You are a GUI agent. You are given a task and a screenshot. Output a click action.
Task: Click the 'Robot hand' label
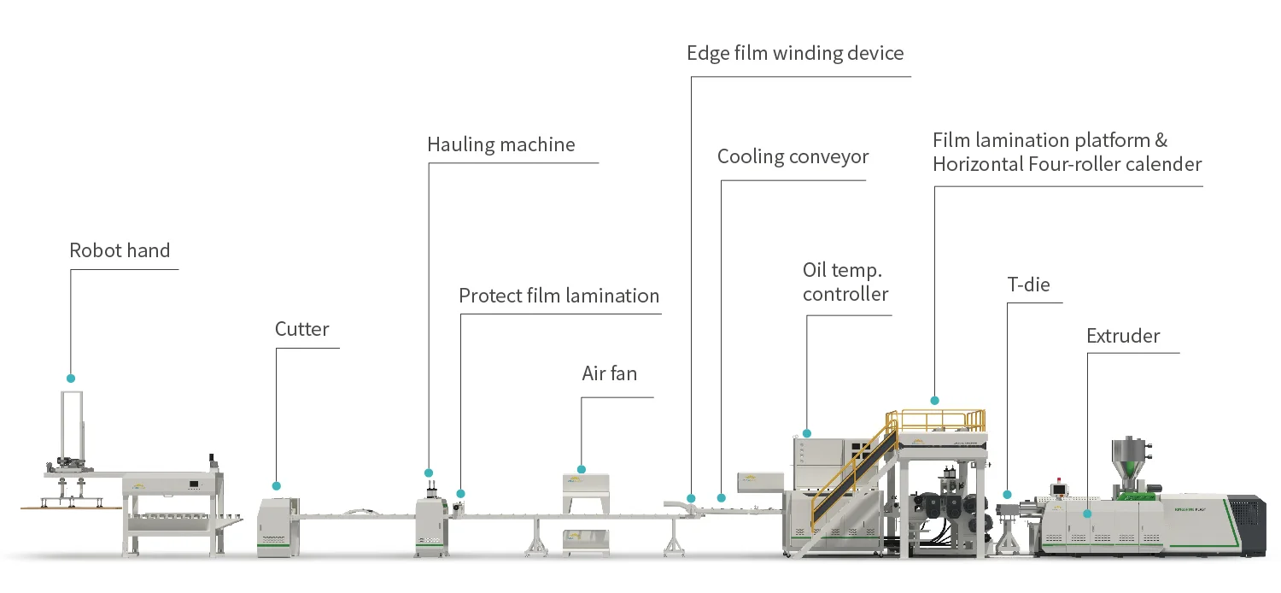tap(120, 250)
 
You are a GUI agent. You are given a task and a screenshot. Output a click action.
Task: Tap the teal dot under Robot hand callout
tap(71, 378)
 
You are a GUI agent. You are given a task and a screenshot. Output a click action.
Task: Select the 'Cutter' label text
tap(301, 329)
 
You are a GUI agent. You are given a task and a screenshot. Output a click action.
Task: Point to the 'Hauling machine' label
tap(500, 144)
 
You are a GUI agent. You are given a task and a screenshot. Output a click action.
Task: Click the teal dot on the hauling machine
tap(429, 473)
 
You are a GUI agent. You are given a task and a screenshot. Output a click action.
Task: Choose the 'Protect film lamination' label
tap(559, 296)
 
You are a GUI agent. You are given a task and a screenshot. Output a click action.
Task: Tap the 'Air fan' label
tap(609, 373)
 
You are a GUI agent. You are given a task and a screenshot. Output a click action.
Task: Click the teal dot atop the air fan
tap(582, 469)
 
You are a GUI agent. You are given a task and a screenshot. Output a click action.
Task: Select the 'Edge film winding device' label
tap(794, 53)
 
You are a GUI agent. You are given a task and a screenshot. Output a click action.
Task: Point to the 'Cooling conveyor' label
tap(793, 156)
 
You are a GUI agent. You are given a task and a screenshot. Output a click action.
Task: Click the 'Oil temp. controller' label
tap(845, 282)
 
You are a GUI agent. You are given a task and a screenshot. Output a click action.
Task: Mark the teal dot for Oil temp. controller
tap(807, 434)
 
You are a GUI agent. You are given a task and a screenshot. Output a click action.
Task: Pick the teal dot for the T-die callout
tap(1008, 495)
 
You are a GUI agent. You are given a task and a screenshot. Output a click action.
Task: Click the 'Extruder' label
tap(1123, 336)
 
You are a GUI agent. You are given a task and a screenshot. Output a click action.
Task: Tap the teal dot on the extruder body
tap(1088, 514)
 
